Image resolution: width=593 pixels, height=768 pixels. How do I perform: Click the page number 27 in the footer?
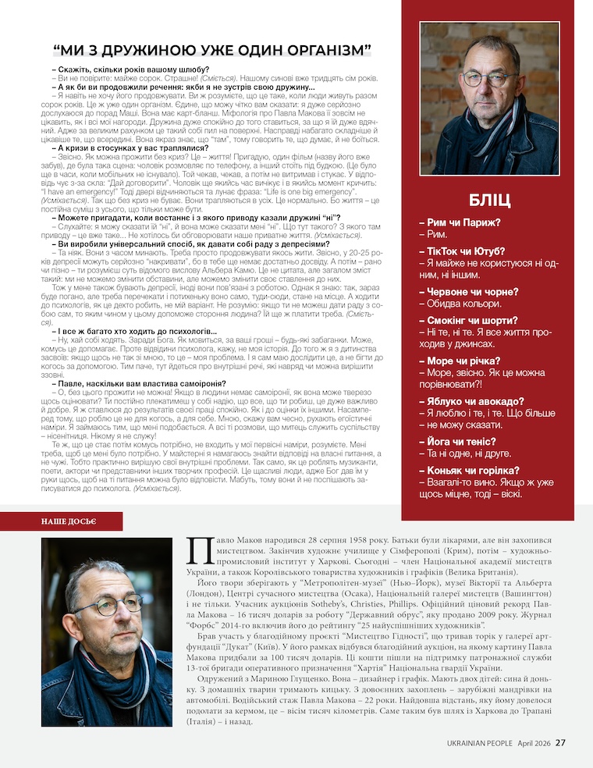click(560, 742)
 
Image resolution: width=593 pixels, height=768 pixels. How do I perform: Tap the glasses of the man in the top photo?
click(488, 78)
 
